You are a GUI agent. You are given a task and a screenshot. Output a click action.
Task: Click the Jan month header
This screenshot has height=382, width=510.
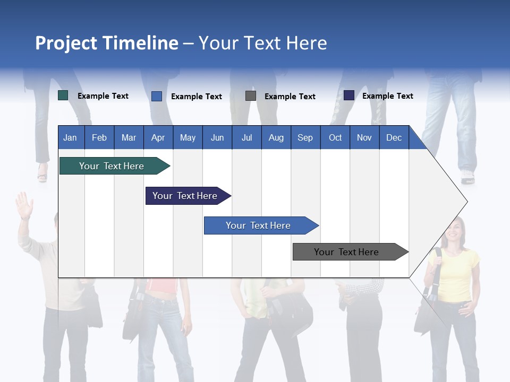coord(70,137)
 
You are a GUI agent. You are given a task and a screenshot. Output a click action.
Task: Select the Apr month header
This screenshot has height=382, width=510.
coord(158,137)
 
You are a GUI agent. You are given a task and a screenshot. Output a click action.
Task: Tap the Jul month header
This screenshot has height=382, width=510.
coord(246,137)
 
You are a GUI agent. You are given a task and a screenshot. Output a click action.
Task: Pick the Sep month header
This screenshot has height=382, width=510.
coord(305,137)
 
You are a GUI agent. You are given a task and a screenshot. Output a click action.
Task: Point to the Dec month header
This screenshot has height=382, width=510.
coord(394,137)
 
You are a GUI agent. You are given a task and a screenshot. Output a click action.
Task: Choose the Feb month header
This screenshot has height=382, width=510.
coord(99,137)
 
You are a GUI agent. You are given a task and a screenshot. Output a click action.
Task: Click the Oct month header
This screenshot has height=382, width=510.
coord(335,137)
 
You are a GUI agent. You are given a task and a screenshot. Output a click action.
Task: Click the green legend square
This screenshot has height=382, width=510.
coord(63,95)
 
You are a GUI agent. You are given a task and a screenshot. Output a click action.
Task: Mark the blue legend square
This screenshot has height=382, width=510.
coord(157,96)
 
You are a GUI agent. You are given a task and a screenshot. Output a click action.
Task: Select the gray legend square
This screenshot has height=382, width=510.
coord(251,95)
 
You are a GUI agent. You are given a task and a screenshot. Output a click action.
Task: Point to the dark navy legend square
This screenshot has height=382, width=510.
coord(349,95)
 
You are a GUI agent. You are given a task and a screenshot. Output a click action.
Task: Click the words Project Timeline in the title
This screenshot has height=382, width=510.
coord(107,43)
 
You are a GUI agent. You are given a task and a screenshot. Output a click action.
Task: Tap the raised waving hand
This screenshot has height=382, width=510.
coord(23,205)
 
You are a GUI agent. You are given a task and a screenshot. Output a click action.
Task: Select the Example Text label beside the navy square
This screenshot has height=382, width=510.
coord(387,96)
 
